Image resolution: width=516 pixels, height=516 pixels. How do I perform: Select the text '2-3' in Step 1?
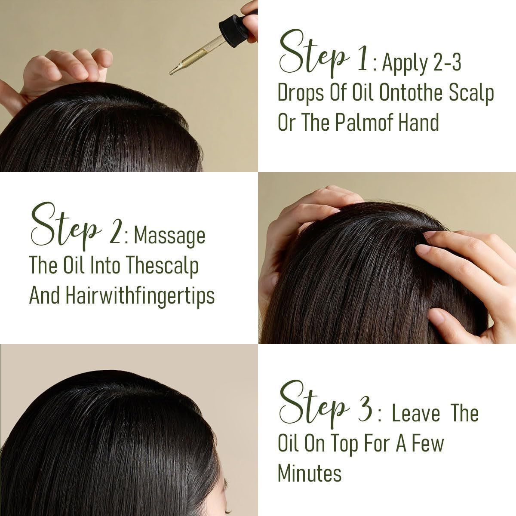447,62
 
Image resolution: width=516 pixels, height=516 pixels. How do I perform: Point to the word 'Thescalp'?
162,267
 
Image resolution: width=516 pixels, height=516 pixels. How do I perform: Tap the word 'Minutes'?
310,473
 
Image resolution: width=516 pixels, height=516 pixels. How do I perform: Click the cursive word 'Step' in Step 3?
314,410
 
